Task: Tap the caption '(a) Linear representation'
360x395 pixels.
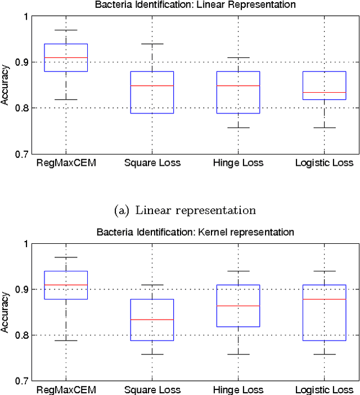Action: [x=184, y=210]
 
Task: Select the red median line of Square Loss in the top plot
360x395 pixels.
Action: [x=152, y=85]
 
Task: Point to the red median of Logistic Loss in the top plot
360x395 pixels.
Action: [x=324, y=92]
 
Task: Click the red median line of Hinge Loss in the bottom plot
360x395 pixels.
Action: [x=238, y=306]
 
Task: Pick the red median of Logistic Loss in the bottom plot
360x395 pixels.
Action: [x=324, y=299]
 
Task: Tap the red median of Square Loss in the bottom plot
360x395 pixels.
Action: [x=152, y=319]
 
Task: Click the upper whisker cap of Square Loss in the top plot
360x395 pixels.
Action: [x=152, y=44]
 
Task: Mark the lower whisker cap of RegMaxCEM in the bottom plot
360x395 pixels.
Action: [x=66, y=340]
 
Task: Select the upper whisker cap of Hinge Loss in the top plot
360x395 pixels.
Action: [x=238, y=57]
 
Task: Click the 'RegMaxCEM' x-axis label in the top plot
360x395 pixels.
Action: [x=66, y=163]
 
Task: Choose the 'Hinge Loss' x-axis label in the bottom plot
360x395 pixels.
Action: [x=238, y=389]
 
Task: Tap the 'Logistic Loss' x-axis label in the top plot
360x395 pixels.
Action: [x=324, y=163]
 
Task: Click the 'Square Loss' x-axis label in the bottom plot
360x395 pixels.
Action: [x=152, y=389]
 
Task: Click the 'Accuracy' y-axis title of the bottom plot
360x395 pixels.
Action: [x=5, y=312]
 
